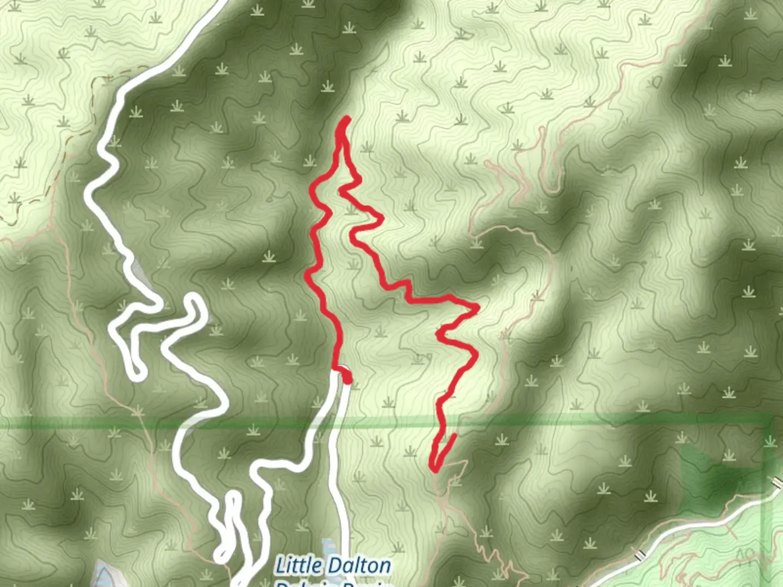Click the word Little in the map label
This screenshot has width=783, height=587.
click(299, 566)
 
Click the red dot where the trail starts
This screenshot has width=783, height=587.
click(346, 378)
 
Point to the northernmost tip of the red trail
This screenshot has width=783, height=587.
click(347, 119)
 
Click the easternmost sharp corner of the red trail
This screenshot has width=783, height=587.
click(477, 308)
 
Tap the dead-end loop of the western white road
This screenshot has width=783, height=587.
click(135, 372)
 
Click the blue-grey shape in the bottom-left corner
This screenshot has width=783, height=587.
click(103, 574)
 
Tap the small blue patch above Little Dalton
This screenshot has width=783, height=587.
click(328, 546)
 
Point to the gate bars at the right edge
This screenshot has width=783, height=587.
click(777, 480)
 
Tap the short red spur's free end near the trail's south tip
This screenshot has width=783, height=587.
click(453, 435)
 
